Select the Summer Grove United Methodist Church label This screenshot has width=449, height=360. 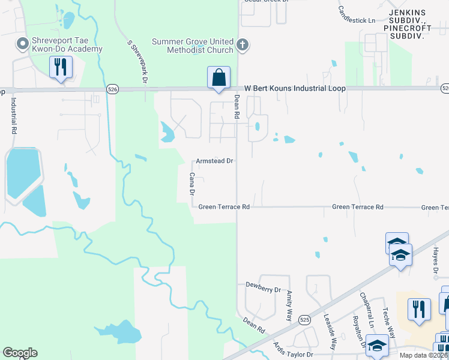pos(192,46)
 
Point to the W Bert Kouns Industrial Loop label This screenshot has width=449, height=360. pos(291,88)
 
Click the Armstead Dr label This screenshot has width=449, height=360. pos(214,161)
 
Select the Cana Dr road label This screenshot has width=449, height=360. pos(192,184)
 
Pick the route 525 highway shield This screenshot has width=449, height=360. pos(304,319)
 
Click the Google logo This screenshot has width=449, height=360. pos(20,353)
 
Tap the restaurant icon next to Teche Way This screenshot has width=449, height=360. pos(418,310)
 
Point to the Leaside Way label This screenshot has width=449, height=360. pos(330,331)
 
